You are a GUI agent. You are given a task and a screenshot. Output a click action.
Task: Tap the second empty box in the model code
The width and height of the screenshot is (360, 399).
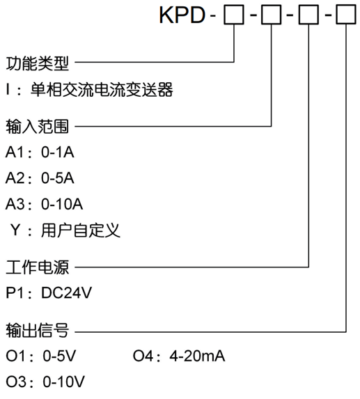[x=269, y=15]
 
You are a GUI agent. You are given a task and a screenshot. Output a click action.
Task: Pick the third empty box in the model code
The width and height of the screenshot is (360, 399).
[x=307, y=15]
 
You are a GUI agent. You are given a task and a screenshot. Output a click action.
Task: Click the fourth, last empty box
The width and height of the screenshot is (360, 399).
[x=345, y=15]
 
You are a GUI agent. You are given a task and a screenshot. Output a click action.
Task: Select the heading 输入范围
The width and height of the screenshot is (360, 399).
[x=38, y=127]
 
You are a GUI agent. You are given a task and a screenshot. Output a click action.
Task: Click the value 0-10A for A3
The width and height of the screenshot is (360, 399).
[x=63, y=204]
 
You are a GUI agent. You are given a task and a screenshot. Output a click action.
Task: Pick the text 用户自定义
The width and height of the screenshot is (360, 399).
[x=81, y=230]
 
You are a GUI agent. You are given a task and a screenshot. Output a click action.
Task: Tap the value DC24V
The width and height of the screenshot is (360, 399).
[x=67, y=292]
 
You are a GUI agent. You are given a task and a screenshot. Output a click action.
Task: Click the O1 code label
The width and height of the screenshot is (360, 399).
[x=15, y=357]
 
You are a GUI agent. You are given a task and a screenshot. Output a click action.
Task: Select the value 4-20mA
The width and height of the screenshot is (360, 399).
[x=198, y=357]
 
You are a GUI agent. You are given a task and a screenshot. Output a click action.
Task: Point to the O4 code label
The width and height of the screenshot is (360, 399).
[x=143, y=357]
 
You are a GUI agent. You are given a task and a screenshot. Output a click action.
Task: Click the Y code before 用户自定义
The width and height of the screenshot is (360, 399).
[x=15, y=230]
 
